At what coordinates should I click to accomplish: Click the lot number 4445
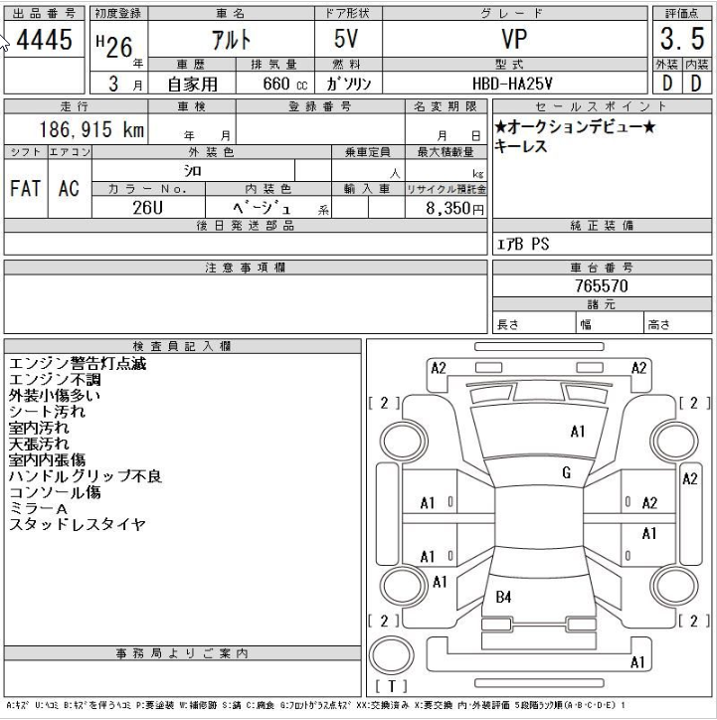[44, 40]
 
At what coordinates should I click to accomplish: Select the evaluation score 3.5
[682, 39]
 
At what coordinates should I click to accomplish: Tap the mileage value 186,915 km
[91, 129]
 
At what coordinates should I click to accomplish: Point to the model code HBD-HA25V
[512, 84]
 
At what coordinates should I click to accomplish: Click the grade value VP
[514, 39]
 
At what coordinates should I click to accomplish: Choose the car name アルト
[232, 40]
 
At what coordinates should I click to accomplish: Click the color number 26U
[148, 208]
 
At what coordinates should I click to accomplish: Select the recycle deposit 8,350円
[454, 208]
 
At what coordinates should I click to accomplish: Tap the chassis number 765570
[602, 286]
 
